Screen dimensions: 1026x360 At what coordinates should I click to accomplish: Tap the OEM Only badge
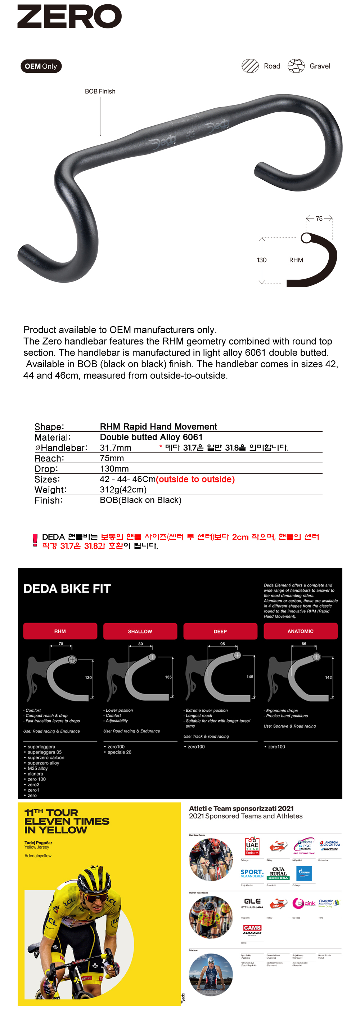(x=41, y=66)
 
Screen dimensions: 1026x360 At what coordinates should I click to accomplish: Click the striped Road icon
(x=250, y=66)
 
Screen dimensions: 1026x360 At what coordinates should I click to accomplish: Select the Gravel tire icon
(x=296, y=66)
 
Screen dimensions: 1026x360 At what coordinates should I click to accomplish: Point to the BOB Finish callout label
(x=100, y=91)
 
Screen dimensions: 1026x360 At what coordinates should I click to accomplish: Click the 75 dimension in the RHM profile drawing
(x=319, y=218)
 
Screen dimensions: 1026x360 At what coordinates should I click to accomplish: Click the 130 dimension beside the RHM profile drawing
(x=262, y=260)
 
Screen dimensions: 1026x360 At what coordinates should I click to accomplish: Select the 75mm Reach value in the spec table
(x=112, y=458)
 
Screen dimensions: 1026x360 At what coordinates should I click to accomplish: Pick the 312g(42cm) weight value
(x=123, y=490)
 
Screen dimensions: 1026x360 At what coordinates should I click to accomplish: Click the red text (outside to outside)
(x=195, y=479)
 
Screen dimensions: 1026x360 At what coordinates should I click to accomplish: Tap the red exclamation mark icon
(x=35, y=540)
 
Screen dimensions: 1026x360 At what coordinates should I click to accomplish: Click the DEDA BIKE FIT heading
(x=67, y=589)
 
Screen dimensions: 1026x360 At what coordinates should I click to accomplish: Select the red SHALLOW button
(x=140, y=631)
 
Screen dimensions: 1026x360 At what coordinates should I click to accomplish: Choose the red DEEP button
(x=220, y=631)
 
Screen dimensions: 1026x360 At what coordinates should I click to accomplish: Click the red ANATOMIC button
(x=301, y=631)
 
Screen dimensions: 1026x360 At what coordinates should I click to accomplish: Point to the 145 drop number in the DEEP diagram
(x=250, y=677)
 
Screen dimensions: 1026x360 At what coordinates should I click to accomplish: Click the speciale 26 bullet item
(x=119, y=752)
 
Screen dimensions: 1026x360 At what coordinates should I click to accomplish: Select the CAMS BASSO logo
(x=252, y=930)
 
